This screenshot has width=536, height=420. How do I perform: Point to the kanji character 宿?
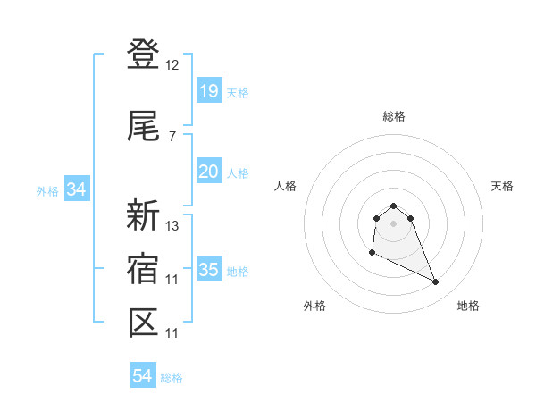[143, 269]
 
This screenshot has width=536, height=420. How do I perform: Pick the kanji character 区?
[143, 323]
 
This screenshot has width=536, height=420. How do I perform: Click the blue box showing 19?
[208, 91]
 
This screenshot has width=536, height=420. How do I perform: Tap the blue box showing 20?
[208, 172]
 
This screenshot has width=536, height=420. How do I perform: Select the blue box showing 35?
[208, 270]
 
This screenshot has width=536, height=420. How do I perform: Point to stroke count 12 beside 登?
[172, 65]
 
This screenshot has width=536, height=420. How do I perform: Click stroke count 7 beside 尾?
[172, 136]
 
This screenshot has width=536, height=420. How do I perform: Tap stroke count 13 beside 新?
[172, 225]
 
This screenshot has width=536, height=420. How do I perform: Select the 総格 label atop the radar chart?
[394, 116]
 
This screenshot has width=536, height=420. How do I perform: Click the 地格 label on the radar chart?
[468, 306]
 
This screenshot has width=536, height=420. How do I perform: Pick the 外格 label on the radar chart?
[314, 306]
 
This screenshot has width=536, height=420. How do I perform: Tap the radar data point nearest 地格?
[436, 282]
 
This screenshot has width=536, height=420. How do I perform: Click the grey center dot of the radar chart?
[394, 223]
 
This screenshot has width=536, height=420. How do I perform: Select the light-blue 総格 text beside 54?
[172, 378]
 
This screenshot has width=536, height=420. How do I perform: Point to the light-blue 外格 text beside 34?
[47, 190]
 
